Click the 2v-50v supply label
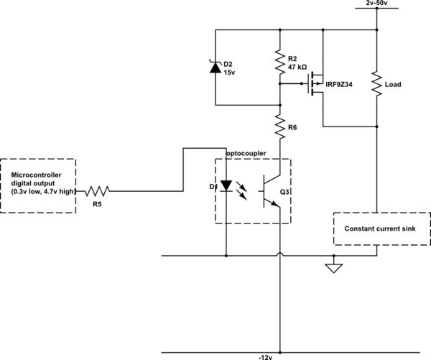(376, 4)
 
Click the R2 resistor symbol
(279, 64)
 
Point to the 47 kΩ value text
(297, 67)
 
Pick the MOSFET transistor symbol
(315, 84)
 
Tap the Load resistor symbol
(376, 85)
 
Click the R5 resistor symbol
(97, 192)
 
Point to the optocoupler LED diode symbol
(226, 186)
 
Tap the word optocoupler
(248, 154)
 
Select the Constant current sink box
(381, 229)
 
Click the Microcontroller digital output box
(39, 185)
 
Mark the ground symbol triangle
(333, 268)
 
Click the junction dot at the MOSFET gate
(279, 84)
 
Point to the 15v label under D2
(230, 73)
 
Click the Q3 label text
(284, 192)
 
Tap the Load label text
(393, 85)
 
